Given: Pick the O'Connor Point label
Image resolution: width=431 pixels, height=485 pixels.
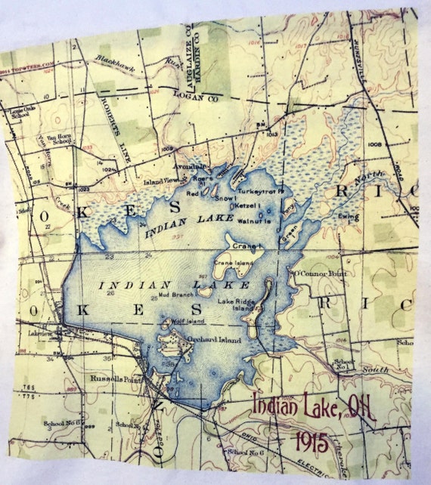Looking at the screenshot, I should [x=319, y=273].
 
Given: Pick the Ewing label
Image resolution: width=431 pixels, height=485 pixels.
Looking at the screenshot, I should [x=348, y=218].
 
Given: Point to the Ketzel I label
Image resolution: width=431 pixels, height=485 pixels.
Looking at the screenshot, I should [x=249, y=206].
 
